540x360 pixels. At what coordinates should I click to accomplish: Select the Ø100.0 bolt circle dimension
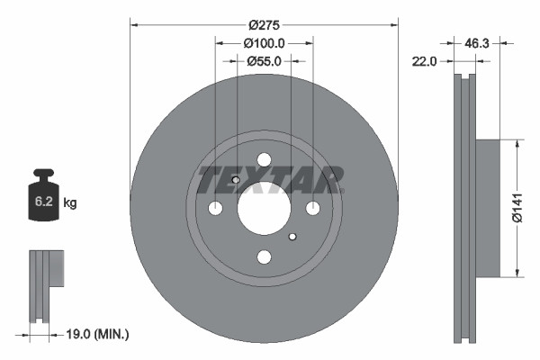point(264,43)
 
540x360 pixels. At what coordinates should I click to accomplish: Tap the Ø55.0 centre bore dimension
point(264,61)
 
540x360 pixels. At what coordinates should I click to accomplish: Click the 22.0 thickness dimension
point(424,61)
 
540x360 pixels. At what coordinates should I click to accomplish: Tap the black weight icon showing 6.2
point(43,199)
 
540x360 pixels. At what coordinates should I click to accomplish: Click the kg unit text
point(70,203)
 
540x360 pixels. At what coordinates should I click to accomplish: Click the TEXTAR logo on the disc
point(269,179)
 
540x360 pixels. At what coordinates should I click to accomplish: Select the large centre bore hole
point(264,209)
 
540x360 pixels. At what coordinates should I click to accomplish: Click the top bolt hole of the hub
point(264,160)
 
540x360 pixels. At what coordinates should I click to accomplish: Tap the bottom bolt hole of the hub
point(264,257)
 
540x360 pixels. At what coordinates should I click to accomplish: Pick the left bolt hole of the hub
point(215,209)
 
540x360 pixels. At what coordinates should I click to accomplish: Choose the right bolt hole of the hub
point(312,209)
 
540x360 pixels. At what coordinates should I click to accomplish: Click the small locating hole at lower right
point(292,238)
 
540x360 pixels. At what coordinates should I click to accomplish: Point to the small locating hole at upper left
point(236,180)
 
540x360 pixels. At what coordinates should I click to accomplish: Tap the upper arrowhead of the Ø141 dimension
point(517,143)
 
